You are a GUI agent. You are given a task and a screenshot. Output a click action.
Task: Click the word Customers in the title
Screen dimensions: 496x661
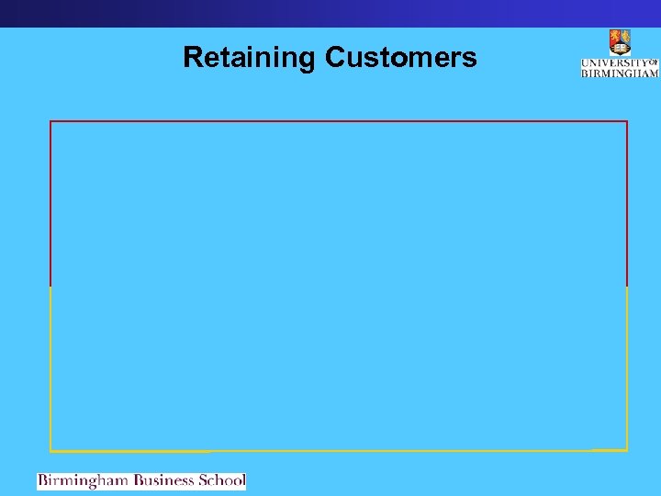pyautogui.click(x=400, y=58)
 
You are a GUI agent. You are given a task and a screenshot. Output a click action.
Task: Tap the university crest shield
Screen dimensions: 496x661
pyautogui.click(x=620, y=42)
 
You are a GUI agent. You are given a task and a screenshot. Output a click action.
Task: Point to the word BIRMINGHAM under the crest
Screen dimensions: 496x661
pyautogui.click(x=620, y=73)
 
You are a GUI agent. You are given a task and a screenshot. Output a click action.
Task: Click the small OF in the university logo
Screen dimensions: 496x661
pyautogui.click(x=654, y=62)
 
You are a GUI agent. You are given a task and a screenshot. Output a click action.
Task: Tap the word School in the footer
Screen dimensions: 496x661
pyautogui.click(x=221, y=480)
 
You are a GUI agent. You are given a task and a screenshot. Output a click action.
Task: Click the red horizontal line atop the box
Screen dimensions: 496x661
pyautogui.click(x=338, y=121)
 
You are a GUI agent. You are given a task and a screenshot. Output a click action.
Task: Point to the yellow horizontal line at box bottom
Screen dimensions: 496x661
pyautogui.click(x=338, y=451)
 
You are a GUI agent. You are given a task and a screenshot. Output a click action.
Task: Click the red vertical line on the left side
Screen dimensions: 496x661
pyautogui.click(x=50, y=202)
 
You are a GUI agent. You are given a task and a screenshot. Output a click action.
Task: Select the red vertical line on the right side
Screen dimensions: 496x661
pyautogui.click(x=627, y=202)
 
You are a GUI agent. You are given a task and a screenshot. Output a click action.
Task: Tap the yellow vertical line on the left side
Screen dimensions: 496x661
pyautogui.click(x=50, y=367)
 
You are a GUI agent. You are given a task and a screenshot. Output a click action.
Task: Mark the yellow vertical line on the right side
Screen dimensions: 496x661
pyautogui.click(x=627, y=367)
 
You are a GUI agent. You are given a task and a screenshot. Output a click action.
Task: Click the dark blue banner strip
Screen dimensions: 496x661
pyautogui.click(x=330, y=13)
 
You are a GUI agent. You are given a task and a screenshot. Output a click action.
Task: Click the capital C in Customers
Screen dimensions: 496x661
pyautogui.click(x=334, y=58)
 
